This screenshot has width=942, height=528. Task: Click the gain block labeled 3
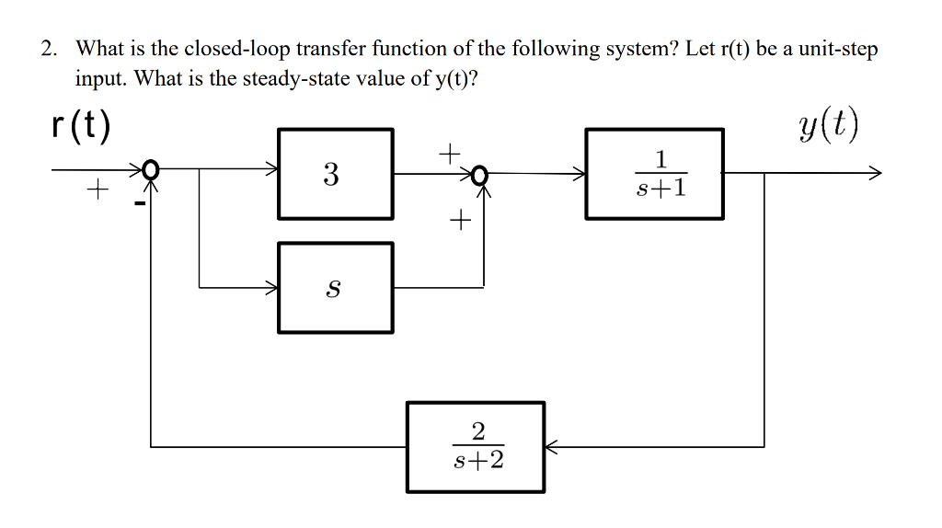[335, 174]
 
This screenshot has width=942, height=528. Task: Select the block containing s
[335, 287]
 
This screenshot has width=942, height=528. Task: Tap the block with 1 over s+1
[654, 174]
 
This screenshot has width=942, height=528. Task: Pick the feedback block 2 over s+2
[476, 446]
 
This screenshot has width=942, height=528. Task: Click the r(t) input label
[81, 126]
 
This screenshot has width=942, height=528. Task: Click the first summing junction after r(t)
[151, 170]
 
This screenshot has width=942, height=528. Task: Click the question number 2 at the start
[49, 49]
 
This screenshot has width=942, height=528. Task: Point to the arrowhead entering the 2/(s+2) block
[550, 447]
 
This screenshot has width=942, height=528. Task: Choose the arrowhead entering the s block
[272, 288]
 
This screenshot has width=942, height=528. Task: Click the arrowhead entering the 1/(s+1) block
[580, 171]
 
